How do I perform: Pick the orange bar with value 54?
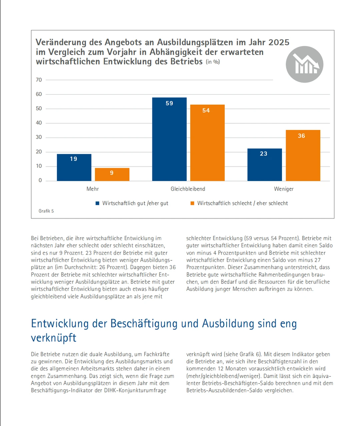[207, 143]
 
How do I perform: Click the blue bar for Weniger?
[264, 165]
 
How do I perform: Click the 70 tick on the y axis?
[39, 80]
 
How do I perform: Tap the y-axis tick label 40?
[39, 123]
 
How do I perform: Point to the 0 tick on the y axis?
[40, 181]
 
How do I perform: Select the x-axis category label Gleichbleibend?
[188, 189]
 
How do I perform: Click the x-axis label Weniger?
[284, 189]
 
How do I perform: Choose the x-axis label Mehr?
[93, 189]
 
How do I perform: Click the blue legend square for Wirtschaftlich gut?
[98, 203]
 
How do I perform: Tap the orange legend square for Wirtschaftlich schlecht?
[192, 203]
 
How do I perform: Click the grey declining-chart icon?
[304, 64]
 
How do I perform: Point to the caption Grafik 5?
[46, 211]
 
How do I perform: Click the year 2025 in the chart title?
[279, 42]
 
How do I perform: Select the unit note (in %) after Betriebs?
[213, 62]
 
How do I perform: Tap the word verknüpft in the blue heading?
[54, 338]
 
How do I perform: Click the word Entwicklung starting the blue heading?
[60, 323]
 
